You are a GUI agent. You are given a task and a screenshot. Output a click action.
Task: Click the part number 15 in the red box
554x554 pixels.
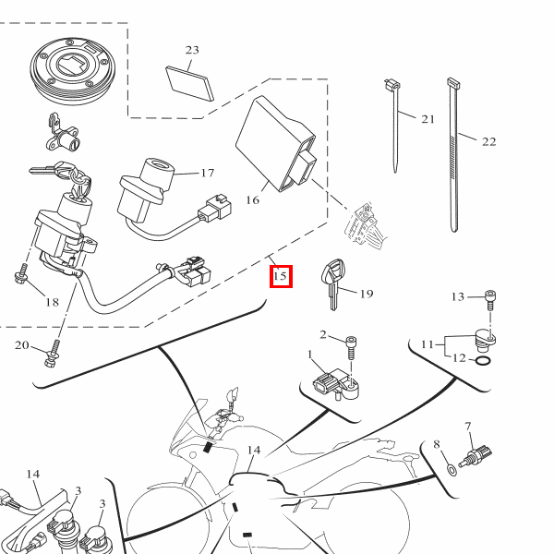click(281, 275)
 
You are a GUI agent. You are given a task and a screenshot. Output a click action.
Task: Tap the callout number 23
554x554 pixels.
click(192, 50)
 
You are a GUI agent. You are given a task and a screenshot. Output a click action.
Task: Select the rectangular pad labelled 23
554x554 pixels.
click(189, 83)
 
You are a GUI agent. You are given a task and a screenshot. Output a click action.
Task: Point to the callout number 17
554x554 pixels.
click(207, 173)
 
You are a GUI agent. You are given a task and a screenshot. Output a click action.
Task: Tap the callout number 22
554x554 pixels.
click(488, 141)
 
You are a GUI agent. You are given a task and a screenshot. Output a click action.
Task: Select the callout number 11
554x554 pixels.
click(427, 344)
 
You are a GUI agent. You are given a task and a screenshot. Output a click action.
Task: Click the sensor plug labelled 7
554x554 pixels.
click(480, 454)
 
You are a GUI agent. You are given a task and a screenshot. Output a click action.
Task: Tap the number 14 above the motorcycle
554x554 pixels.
click(253, 451)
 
